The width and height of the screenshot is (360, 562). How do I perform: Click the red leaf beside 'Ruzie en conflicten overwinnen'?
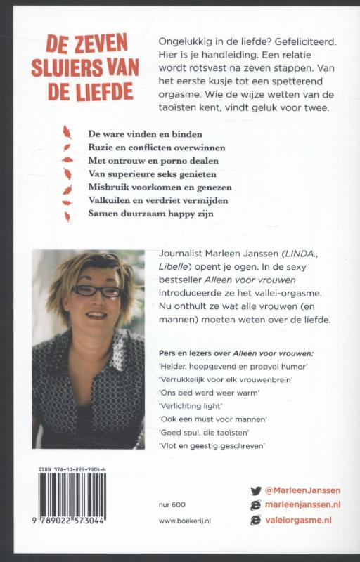(67, 147)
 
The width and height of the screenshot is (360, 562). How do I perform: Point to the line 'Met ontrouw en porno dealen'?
(139, 160)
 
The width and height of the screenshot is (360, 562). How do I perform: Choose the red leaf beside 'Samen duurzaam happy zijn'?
(67, 216)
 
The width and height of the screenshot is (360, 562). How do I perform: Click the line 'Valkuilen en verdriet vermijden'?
(148, 202)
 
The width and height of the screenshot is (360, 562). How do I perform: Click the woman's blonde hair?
(84, 270)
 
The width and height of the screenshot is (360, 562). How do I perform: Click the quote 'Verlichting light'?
(191, 407)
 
